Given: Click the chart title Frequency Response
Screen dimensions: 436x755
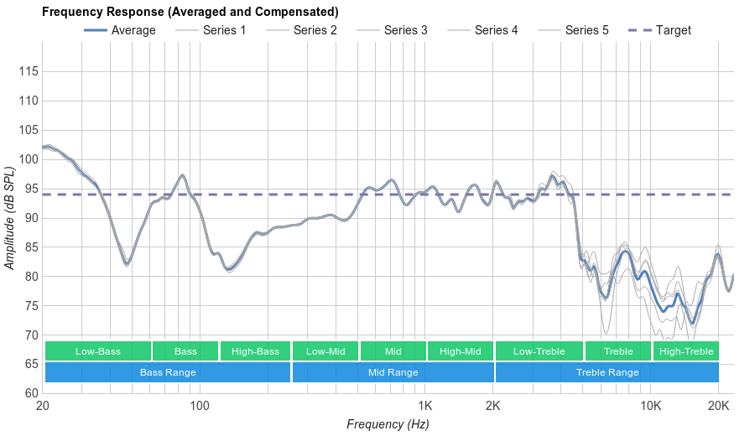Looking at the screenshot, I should point(190,12).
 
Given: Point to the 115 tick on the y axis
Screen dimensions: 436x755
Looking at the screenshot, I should point(28,71).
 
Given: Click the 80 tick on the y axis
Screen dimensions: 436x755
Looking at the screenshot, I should point(31,277).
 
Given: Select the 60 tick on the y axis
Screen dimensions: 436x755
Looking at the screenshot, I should point(31,393).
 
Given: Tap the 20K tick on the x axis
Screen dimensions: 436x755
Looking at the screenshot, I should point(718,406).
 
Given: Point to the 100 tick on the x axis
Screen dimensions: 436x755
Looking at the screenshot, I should point(199,406).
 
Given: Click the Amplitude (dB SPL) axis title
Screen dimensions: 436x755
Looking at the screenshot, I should point(10,218).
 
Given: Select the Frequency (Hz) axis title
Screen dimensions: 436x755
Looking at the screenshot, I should point(388,424).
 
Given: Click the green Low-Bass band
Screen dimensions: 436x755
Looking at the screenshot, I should point(98,351).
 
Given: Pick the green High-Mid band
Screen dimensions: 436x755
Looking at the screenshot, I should point(460,351).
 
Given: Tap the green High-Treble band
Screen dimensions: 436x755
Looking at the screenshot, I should point(685,351).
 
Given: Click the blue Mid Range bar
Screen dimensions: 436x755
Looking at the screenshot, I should point(393,372).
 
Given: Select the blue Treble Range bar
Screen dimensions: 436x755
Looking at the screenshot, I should point(607,372).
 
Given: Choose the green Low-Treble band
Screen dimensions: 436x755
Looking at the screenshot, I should point(539,351).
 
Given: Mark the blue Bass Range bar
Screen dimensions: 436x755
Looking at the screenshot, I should point(168,372).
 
